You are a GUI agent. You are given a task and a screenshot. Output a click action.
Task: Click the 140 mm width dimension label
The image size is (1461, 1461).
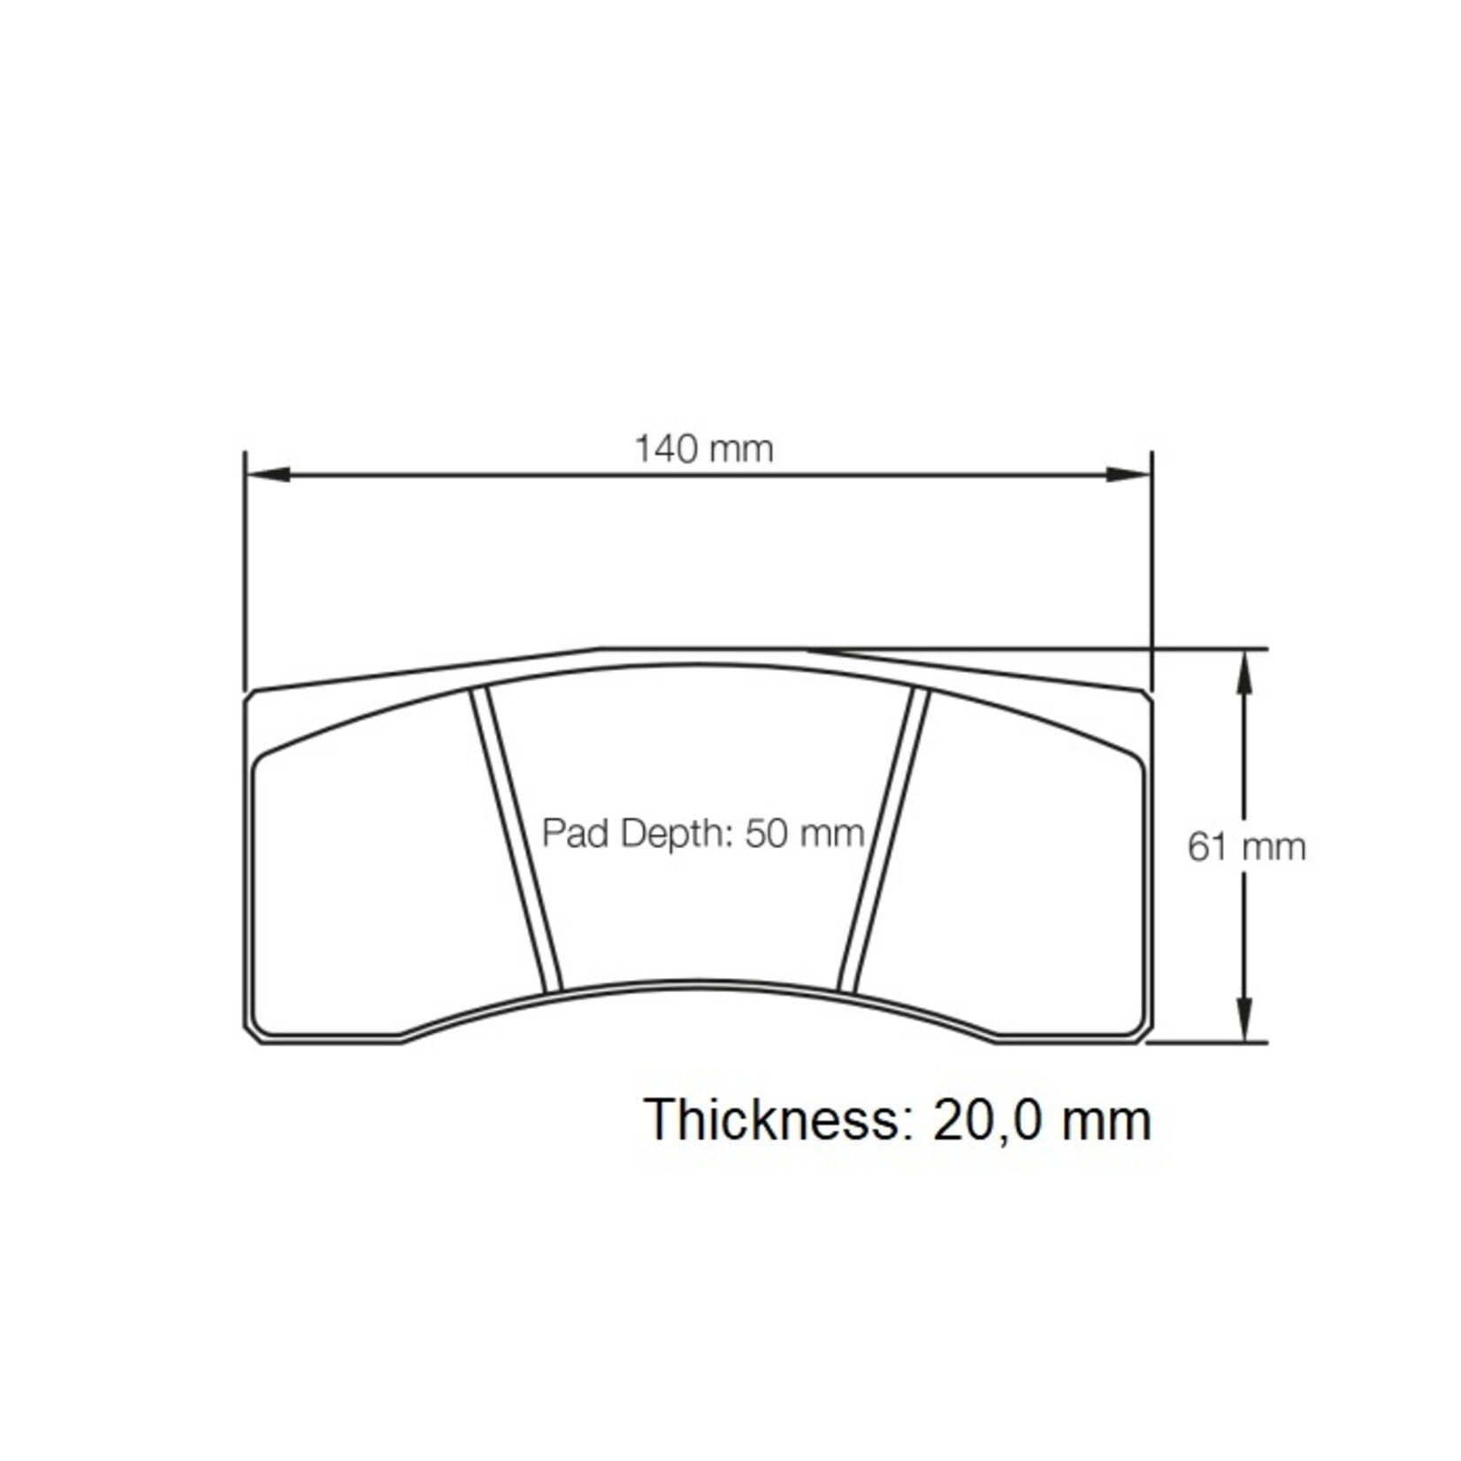point(704,450)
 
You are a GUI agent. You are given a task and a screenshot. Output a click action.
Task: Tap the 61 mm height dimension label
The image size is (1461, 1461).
point(1246,848)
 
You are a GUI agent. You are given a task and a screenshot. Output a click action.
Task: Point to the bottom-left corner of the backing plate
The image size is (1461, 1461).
point(250,1036)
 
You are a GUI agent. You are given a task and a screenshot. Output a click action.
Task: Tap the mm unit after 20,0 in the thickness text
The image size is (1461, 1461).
point(1107,1121)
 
